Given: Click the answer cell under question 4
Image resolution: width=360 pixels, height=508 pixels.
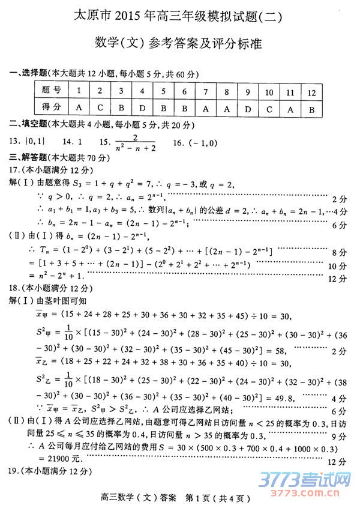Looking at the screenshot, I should [142, 108].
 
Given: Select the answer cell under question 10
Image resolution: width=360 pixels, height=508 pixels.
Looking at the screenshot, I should [269, 108].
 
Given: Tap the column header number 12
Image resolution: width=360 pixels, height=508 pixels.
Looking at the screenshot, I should [311, 92].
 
